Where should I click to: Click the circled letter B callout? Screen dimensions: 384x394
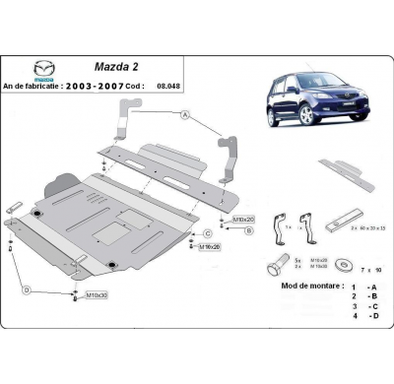point(248,229)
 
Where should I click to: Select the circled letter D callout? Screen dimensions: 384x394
point(27,289)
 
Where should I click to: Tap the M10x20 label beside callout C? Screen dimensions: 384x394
point(210,247)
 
